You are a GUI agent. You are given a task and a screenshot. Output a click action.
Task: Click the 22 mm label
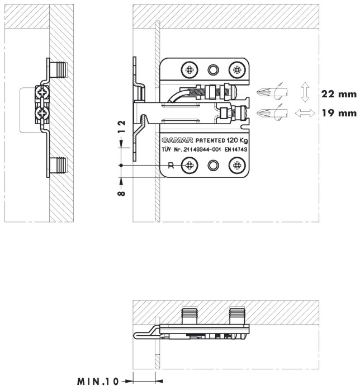coord(337,94)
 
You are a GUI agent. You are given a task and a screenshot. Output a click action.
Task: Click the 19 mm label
coord(337,113)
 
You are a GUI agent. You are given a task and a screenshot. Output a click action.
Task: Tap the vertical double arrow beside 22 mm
coord(304,91)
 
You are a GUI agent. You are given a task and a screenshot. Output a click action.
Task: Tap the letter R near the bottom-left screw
coord(172,165)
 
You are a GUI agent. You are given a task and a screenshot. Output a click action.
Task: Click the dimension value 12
coord(122,128)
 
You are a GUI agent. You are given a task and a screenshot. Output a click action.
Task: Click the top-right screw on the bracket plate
coord(237,70)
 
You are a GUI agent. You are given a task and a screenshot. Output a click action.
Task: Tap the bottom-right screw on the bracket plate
coord(237,165)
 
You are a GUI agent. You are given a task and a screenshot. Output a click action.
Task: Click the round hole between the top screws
coord(212,70)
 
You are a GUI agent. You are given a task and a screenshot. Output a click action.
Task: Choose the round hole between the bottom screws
coord(212,165)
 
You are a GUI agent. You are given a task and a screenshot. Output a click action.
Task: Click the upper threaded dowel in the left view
coord(58,70)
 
